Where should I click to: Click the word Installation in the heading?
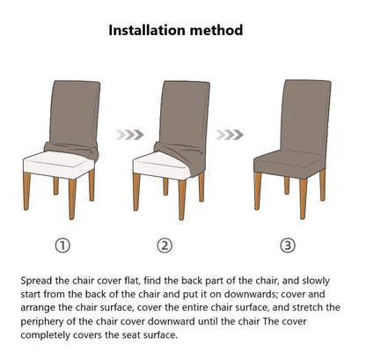point(152,30)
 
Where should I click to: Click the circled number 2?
point(165,245)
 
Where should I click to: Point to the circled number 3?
point(287,245)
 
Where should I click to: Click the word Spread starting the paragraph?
point(38,279)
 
